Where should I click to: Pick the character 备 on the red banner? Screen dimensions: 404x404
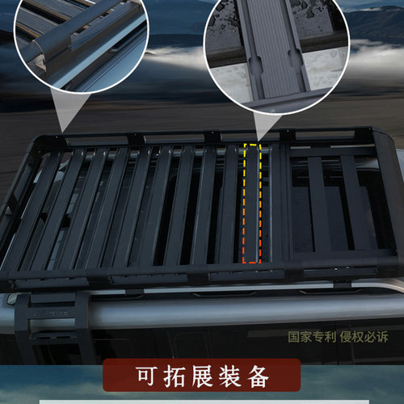coord(261,378)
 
